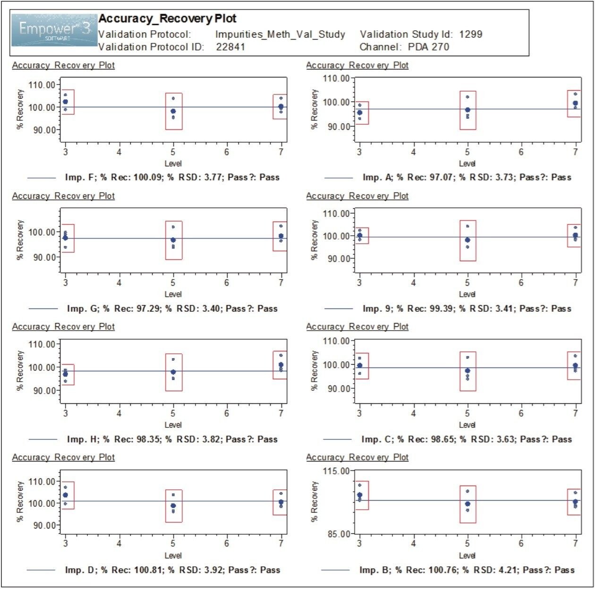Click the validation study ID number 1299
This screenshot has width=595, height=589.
470,34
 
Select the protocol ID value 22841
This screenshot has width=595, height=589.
230,47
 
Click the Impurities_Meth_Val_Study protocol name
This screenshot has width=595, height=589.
280,34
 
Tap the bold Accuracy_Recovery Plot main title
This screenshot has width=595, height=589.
167,18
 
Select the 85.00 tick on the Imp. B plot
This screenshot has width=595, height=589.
338,534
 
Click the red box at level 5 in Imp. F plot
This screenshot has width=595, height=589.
174,111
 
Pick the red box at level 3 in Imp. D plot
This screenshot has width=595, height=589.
68,495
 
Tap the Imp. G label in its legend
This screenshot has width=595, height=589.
83,308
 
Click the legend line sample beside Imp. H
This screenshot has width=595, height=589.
43,439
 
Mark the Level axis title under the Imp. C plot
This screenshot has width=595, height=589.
467,425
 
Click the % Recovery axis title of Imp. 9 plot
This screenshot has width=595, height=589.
314,240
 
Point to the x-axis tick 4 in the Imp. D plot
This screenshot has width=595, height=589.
119,544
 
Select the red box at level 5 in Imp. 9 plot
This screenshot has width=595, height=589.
468,240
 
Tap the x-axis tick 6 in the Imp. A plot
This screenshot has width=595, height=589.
521,152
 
